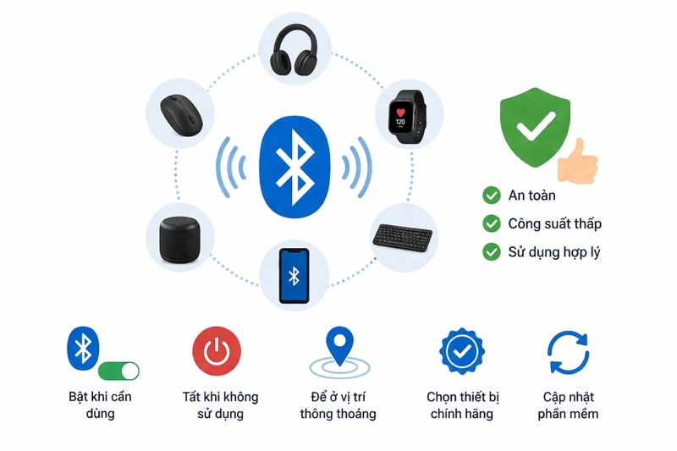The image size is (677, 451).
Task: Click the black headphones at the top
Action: pos(294,50)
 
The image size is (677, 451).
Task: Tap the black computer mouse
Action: pos(181,115)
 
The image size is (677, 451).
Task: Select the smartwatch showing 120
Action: pos(407,117)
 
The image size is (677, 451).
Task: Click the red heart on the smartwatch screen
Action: pos(400,113)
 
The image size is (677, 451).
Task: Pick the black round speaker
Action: pos(180,239)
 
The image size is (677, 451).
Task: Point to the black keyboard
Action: pos(403,238)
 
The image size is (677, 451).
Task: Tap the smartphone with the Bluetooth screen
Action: pos(294,276)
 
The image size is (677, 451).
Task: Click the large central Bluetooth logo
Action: pos(294,167)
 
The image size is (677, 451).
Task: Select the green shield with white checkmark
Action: pos(535,127)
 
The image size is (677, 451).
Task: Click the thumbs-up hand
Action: pos(578,162)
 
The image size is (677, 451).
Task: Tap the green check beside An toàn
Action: pos(492,195)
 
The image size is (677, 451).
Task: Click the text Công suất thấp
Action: pos(555,223)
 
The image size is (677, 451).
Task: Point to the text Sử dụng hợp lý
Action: pos(554,252)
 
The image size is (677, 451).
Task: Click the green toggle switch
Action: pos(118,371)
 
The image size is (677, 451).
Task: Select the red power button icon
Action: pos(217,351)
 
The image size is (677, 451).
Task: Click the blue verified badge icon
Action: pos(462,351)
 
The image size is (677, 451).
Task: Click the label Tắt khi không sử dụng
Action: pos(220,404)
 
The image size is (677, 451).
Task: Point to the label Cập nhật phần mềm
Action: pos(568,404)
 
